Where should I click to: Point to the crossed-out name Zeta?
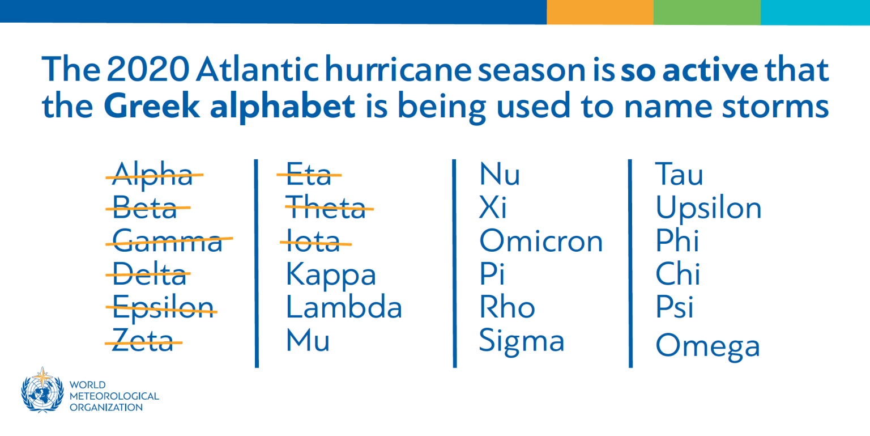[x=143, y=341]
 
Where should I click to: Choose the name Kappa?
[x=331, y=276]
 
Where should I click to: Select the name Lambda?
[x=344, y=308]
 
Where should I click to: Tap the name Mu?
[x=308, y=341]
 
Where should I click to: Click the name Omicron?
[x=541, y=241]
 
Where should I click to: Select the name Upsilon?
[x=709, y=209]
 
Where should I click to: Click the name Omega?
[x=707, y=346]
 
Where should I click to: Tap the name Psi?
[x=675, y=308]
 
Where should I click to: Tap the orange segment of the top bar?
[x=599, y=12]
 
